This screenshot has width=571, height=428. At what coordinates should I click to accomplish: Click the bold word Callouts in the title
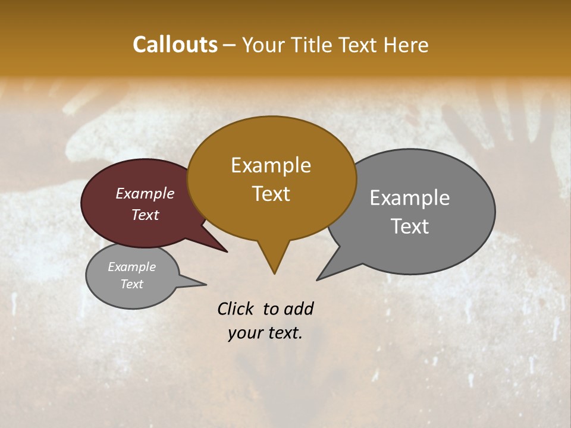(x=175, y=45)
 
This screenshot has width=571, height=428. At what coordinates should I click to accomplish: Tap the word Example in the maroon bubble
(x=145, y=193)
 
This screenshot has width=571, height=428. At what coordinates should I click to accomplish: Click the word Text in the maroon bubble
(x=145, y=215)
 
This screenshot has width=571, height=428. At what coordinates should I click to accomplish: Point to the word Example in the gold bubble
(x=271, y=165)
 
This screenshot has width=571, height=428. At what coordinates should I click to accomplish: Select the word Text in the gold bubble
(x=271, y=194)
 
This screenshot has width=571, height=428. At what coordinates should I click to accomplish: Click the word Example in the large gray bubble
(x=410, y=197)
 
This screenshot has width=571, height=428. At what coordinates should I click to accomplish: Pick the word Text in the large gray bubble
(x=410, y=226)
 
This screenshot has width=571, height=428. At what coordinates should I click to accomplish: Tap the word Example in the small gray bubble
(x=131, y=267)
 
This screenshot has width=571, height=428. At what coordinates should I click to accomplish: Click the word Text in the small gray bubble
(x=131, y=284)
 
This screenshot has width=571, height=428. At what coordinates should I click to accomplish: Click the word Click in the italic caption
(x=236, y=309)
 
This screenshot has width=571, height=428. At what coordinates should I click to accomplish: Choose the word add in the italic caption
(x=299, y=309)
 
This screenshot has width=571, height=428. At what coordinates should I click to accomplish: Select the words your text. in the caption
(x=265, y=333)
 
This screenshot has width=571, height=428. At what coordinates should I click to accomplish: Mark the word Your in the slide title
(x=261, y=45)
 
